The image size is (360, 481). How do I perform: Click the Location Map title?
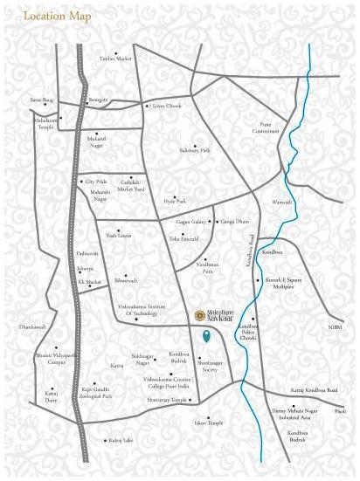click(x=50, y=16)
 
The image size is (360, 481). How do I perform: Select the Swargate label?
click(x=98, y=100)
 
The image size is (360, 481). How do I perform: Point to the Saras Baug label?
click(x=42, y=100)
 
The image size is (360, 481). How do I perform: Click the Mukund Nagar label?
click(x=95, y=140)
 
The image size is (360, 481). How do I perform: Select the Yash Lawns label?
click(x=118, y=236)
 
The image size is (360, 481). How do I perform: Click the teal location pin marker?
click(x=206, y=336)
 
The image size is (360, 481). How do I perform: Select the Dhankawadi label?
click(x=32, y=327)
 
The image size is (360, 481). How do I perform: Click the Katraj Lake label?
click(x=114, y=442)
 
